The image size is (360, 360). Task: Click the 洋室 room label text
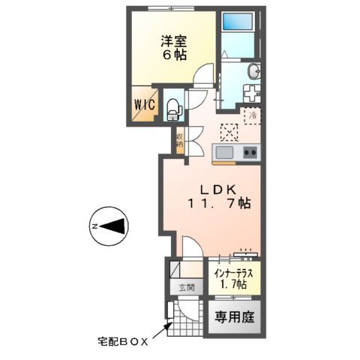(x=169, y=42)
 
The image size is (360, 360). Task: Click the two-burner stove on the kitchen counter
(x=250, y=153)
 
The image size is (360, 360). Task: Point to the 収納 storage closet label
(x=180, y=140)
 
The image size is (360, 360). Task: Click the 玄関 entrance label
(x=186, y=287)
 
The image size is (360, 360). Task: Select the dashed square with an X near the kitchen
(x=229, y=132)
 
